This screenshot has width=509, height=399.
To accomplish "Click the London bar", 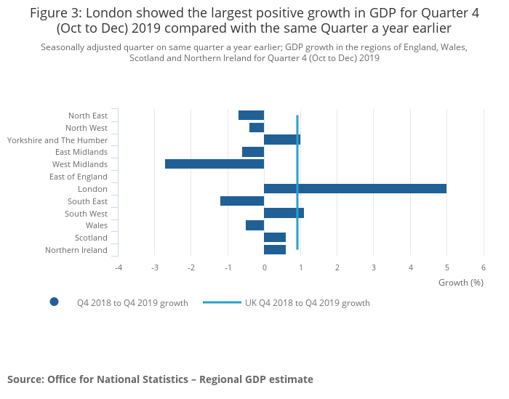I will (355, 188).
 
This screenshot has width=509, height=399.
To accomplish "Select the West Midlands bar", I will (215, 164).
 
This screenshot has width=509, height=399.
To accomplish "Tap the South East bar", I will (242, 201).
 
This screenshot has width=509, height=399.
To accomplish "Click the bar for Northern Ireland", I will (275, 250).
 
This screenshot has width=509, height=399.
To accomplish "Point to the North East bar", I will (251, 115).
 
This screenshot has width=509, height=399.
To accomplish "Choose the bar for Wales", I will (254, 225).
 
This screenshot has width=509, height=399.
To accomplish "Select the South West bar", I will (284, 213).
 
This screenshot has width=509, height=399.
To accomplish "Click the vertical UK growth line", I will (297, 174).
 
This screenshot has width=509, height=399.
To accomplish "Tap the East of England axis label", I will (79, 177).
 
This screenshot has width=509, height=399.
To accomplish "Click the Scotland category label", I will (91, 238).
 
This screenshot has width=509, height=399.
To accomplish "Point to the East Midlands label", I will (81, 152).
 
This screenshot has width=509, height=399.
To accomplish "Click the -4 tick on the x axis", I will (118, 267).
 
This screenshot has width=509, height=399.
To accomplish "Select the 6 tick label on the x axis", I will (484, 267).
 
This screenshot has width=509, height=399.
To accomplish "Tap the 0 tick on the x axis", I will (264, 267).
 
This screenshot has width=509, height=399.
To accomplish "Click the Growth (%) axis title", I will (461, 282).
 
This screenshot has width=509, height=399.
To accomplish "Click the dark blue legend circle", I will (54, 302).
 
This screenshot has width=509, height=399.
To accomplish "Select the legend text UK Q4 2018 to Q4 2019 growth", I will (308, 303).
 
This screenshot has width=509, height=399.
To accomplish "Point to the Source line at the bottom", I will (160, 379).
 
